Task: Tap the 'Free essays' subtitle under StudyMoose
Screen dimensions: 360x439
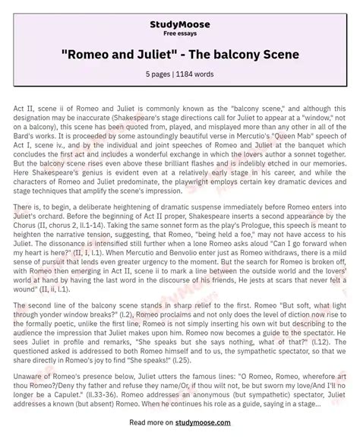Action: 179,23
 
